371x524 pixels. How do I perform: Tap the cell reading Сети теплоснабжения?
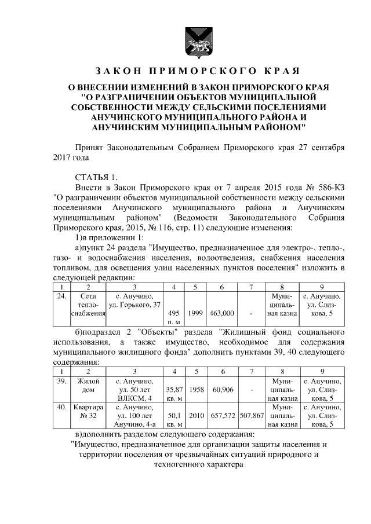pos(89,305)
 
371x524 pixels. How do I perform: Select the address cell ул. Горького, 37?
pos(134,301)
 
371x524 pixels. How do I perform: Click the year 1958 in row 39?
pos(195,390)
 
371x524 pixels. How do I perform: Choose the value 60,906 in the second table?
pos(222,390)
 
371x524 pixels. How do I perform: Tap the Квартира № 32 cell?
pos(89,412)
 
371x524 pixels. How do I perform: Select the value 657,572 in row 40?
pos(222,416)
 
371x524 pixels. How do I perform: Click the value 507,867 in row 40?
pos(251,416)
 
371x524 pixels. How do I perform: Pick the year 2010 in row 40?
pos(195,416)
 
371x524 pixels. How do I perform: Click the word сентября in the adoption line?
pos(327,147)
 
